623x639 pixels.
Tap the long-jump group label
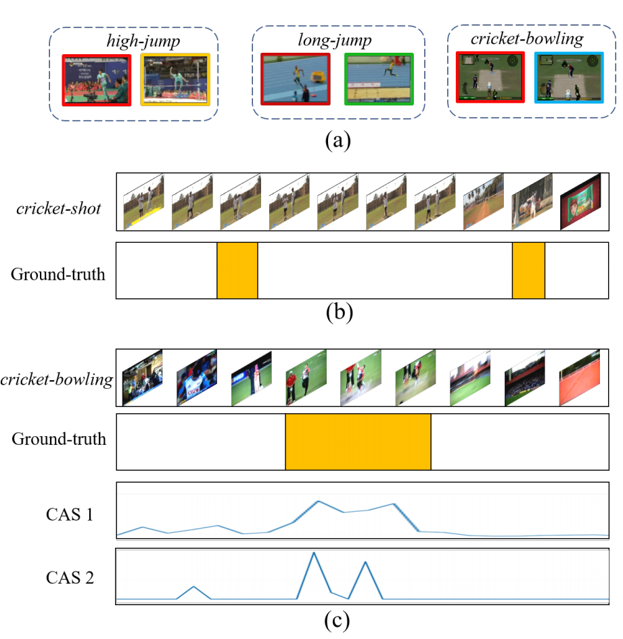point(334,41)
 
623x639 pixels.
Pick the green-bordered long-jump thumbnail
point(379,79)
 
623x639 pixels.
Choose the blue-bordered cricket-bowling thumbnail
point(568,77)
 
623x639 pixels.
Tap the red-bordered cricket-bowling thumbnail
point(490,77)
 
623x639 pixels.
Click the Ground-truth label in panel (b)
point(58,275)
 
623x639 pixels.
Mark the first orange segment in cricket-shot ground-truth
point(237,270)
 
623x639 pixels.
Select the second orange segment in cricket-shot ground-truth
point(528,270)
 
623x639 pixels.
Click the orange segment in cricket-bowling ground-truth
point(358,442)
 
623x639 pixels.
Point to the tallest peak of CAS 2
point(313,553)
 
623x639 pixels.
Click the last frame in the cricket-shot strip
point(580,201)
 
